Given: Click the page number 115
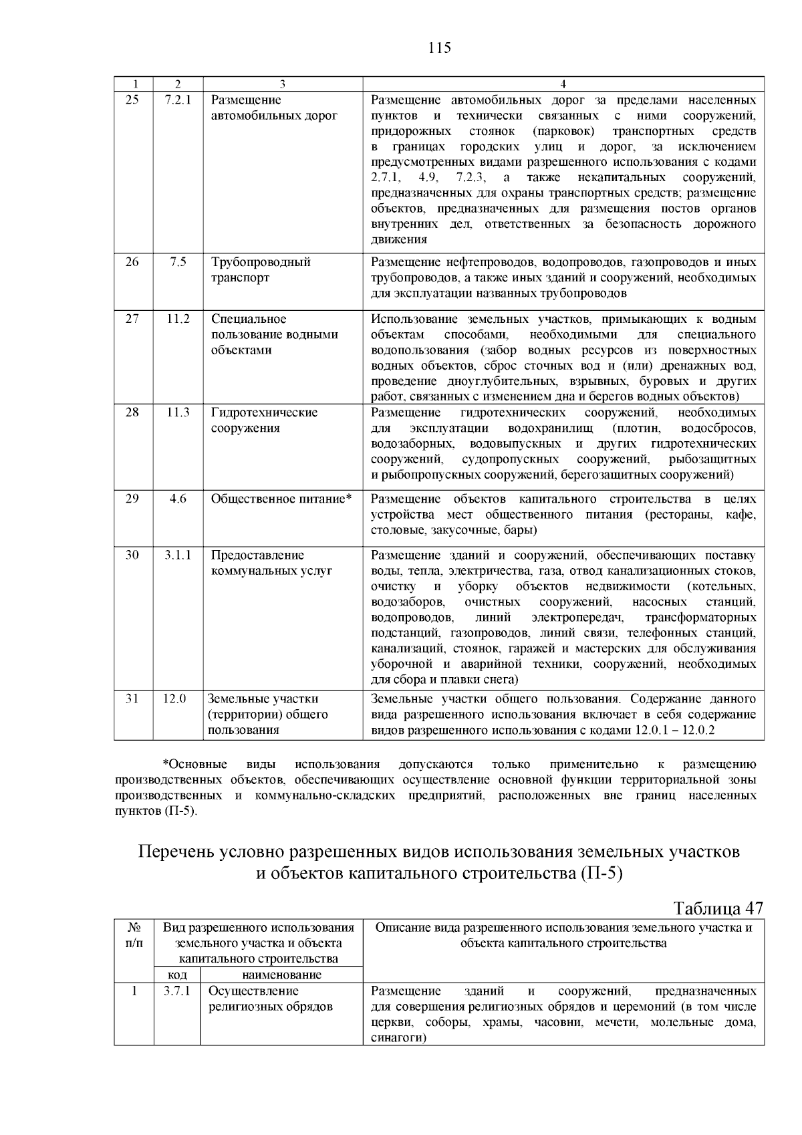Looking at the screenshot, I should tap(439, 48).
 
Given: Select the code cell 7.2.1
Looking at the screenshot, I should tap(178, 100).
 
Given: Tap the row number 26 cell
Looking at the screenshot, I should tap(132, 262).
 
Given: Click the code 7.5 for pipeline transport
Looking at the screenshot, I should tap(178, 262).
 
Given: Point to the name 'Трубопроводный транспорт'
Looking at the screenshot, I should tap(261, 270).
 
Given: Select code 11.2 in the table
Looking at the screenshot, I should tap(178, 319).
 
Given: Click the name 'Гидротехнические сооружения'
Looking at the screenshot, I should tap(264, 420).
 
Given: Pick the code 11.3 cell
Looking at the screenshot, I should tap(178, 412).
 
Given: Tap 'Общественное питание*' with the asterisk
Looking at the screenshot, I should tap(281, 499).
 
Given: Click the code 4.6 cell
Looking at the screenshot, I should tap(178, 499).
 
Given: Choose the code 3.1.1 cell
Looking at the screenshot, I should tap(178, 555).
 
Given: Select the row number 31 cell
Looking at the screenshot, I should tap(132, 699).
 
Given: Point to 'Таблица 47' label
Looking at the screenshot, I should tap(718, 909).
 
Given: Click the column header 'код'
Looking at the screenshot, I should tap(176, 975).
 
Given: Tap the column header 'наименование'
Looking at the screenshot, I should tap(281, 975).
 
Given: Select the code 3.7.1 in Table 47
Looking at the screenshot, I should tap(177, 991).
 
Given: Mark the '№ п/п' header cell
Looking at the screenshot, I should tap(134, 935).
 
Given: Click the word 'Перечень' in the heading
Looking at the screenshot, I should tap(176, 852).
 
